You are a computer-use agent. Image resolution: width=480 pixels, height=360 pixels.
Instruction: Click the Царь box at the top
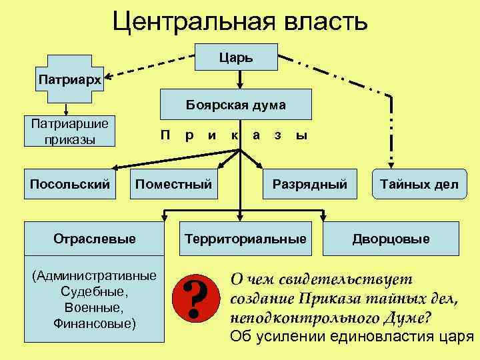pyautogui.click(x=239, y=57)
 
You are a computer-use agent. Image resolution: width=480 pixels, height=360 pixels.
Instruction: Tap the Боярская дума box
pyautogui.click(x=235, y=105)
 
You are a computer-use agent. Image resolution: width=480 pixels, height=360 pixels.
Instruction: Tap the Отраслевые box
pyautogui.click(x=94, y=238)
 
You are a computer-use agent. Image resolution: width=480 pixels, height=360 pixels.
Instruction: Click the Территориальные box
pyautogui.click(x=246, y=238)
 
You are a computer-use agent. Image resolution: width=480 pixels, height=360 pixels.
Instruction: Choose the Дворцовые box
pyautogui.click(x=391, y=238)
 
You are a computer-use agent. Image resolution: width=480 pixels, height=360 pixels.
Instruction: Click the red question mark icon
pyautogui.click(x=196, y=297)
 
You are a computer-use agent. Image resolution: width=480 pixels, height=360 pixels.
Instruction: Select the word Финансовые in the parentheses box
pyautogui.click(x=94, y=323)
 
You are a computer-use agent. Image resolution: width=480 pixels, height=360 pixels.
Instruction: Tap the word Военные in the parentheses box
pyautogui.click(x=94, y=307)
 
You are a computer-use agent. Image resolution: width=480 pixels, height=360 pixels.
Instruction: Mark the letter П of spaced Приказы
pyautogui.click(x=165, y=135)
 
